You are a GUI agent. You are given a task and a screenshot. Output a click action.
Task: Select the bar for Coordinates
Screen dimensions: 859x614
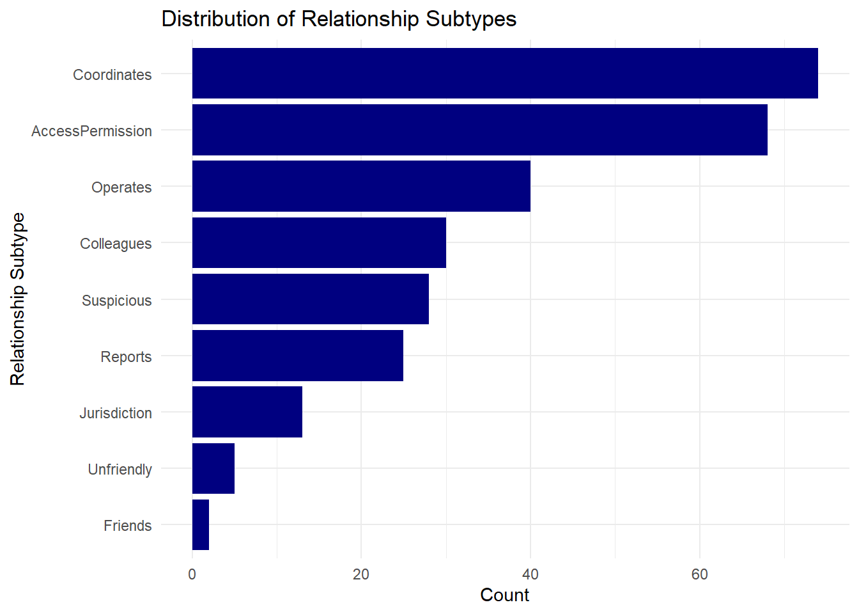(x=505, y=74)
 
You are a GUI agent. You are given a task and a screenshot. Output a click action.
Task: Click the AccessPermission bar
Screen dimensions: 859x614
(x=480, y=130)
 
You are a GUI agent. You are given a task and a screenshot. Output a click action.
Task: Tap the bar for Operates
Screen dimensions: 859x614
(x=361, y=186)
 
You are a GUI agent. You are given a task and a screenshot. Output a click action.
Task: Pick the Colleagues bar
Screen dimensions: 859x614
(x=319, y=242)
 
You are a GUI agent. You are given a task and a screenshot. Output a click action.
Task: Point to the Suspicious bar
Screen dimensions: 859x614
(x=311, y=299)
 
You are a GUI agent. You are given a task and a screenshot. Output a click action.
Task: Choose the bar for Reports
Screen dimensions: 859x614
(x=298, y=356)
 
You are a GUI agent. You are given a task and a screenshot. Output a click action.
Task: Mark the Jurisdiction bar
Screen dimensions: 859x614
(x=247, y=412)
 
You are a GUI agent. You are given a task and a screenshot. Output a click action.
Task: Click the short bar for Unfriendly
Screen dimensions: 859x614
(x=213, y=468)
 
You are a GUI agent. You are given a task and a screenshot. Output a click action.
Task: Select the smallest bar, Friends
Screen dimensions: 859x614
(x=201, y=524)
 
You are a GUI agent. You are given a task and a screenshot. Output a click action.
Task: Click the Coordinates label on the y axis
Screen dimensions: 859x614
(x=112, y=75)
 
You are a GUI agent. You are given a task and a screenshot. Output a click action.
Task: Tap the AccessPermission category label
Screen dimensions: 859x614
(x=91, y=131)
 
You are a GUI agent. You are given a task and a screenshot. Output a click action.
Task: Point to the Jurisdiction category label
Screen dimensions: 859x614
(x=116, y=413)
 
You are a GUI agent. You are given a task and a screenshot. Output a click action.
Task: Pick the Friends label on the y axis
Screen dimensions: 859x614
(x=128, y=526)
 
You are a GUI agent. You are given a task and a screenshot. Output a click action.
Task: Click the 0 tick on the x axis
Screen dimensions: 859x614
(x=192, y=574)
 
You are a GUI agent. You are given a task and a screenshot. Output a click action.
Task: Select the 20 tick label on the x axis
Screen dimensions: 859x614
(x=361, y=574)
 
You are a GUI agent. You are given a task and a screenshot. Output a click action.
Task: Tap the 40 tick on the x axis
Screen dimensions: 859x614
(x=530, y=574)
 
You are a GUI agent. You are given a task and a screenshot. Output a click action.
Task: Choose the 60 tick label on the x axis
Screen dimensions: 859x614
(x=700, y=574)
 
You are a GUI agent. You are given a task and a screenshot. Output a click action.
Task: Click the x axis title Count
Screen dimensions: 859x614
(x=505, y=595)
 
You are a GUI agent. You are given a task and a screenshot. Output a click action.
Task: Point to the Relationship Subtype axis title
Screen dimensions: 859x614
(x=18, y=299)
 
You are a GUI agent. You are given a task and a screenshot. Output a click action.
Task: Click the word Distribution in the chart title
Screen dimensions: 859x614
(x=216, y=19)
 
